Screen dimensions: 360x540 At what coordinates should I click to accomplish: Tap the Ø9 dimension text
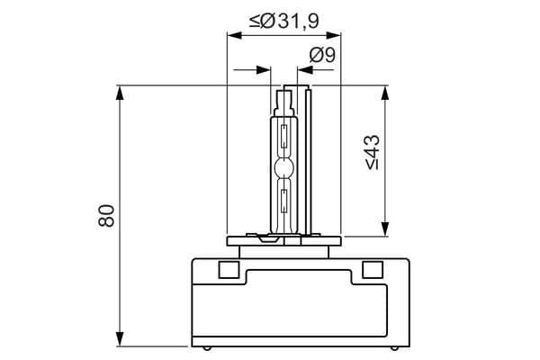pos(322,55)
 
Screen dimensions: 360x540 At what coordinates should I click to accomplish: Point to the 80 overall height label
pos(106,216)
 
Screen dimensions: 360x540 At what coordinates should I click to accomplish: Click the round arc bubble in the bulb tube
pos(283,167)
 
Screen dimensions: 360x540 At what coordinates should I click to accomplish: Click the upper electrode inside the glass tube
pos(283,139)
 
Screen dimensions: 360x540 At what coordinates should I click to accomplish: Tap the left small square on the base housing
pos(228,269)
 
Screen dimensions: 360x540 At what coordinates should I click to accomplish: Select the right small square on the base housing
pos(370,269)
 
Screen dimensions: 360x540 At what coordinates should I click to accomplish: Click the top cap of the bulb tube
pos(296,90)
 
